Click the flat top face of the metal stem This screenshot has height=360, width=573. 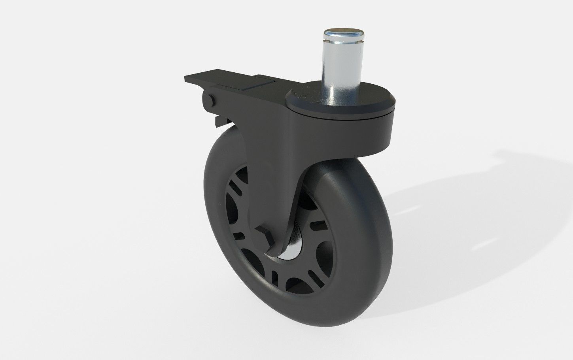pyautogui.click(x=342, y=32)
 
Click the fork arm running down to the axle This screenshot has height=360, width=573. pyautogui.click(x=273, y=178)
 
